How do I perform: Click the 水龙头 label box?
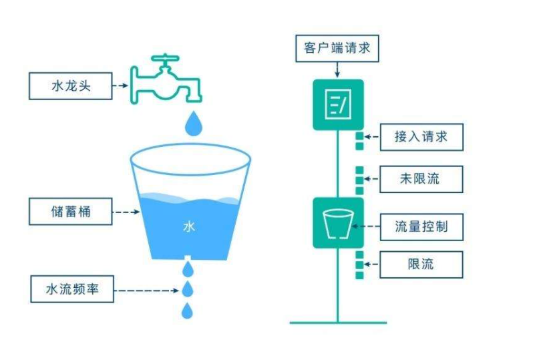[x=70, y=86]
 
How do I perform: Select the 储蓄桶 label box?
[x=70, y=212]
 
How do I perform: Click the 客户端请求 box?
[x=337, y=48]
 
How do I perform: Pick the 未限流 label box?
[x=421, y=179]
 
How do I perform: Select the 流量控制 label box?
[x=421, y=227]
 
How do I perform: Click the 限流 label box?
[x=421, y=264]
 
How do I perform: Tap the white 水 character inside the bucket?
[x=189, y=227]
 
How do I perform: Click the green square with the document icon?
[x=338, y=104]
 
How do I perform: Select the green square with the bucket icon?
[x=338, y=223]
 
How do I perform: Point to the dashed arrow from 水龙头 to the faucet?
[x=120, y=86]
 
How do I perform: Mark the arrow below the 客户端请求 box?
[x=338, y=69]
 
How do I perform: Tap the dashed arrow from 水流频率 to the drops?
[x=147, y=290]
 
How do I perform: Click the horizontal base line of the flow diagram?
[x=338, y=323]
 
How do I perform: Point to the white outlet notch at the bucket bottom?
[x=188, y=257]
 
